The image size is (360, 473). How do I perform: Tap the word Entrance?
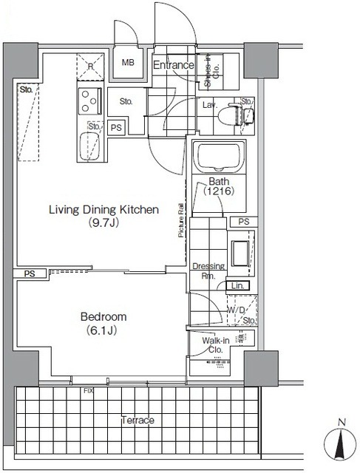click(x=173, y=66)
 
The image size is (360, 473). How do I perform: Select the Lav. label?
click(x=209, y=106)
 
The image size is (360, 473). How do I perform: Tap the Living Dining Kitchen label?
click(x=104, y=210)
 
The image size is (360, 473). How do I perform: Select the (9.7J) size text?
click(x=103, y=222)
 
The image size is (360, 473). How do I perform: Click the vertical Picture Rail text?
click(x=180, y=221)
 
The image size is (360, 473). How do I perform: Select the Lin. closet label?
click(x=238, y=285)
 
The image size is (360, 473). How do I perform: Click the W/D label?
click(x=243, y=310)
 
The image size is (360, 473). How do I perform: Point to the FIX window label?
click(x=89, y=389)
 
